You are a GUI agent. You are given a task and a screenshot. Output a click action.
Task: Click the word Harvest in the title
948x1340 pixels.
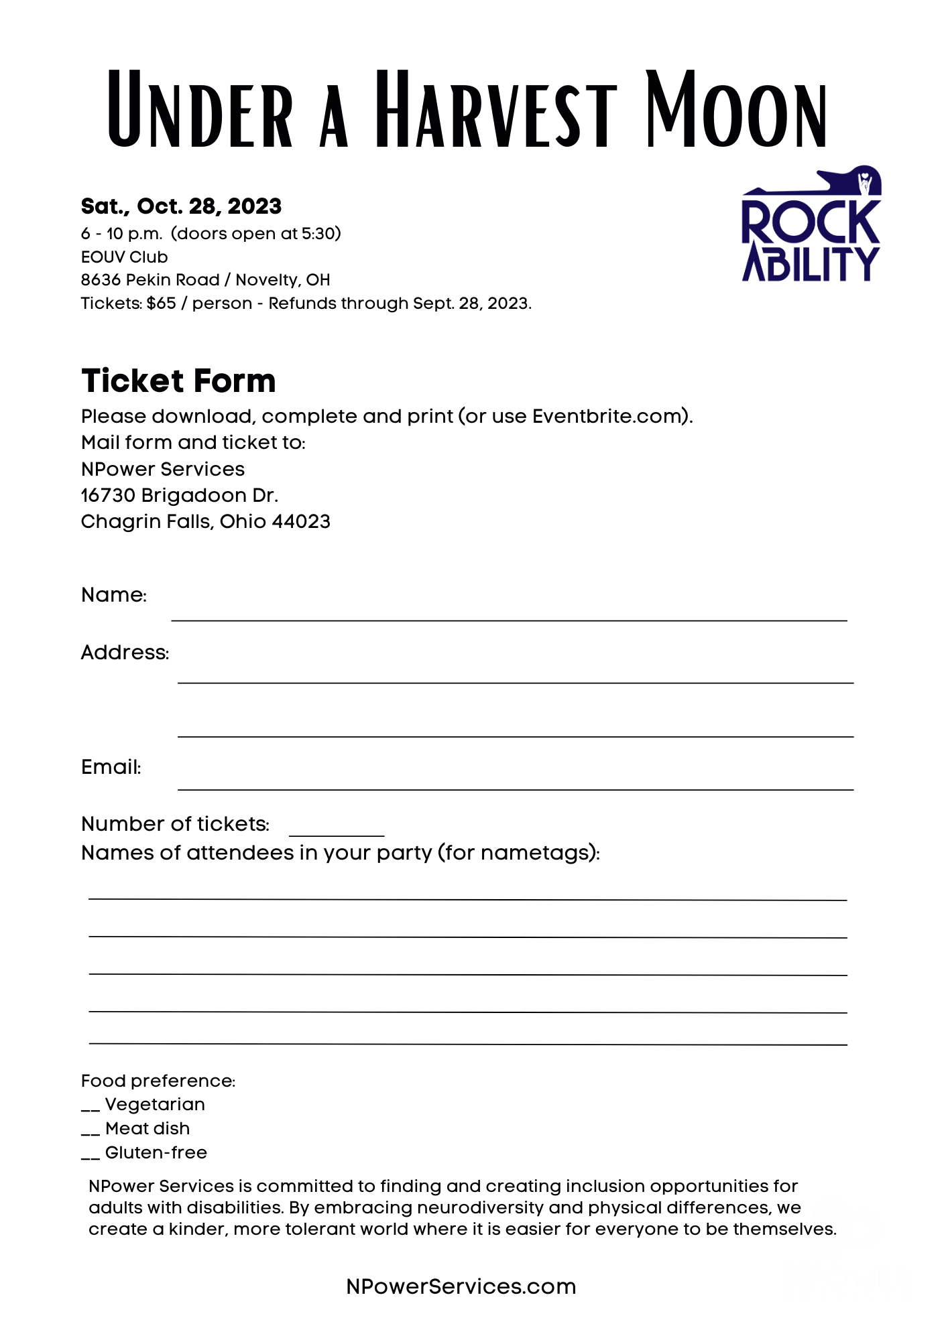click(x=495, y=111)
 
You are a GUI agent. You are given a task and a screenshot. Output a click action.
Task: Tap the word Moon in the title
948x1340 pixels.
click(x=736, y=111)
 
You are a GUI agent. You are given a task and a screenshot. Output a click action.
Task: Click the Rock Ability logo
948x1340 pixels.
click(x=811, y=224)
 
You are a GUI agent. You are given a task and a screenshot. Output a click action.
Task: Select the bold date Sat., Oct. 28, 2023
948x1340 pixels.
click(x=181, y=206)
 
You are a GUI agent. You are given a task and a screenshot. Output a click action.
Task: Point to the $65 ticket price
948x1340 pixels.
click(x=161, y=304)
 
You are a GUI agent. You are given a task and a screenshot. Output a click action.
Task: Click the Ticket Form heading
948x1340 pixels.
click(x=178, y=381)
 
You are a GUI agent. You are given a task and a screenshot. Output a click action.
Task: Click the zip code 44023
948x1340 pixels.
click(x=301, y=522)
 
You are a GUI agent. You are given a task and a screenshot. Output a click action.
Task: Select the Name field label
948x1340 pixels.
click(x=113, y=595)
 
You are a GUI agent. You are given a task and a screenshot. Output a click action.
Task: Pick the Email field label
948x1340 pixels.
click(x=111, y=767)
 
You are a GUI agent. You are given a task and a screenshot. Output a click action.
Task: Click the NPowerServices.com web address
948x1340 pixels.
click(x=461, y=1287)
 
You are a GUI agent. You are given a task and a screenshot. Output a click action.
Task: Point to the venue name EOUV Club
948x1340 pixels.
click(x=124, y=257)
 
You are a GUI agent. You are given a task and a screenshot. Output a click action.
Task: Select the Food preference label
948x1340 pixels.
click(x=158, y=1081)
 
